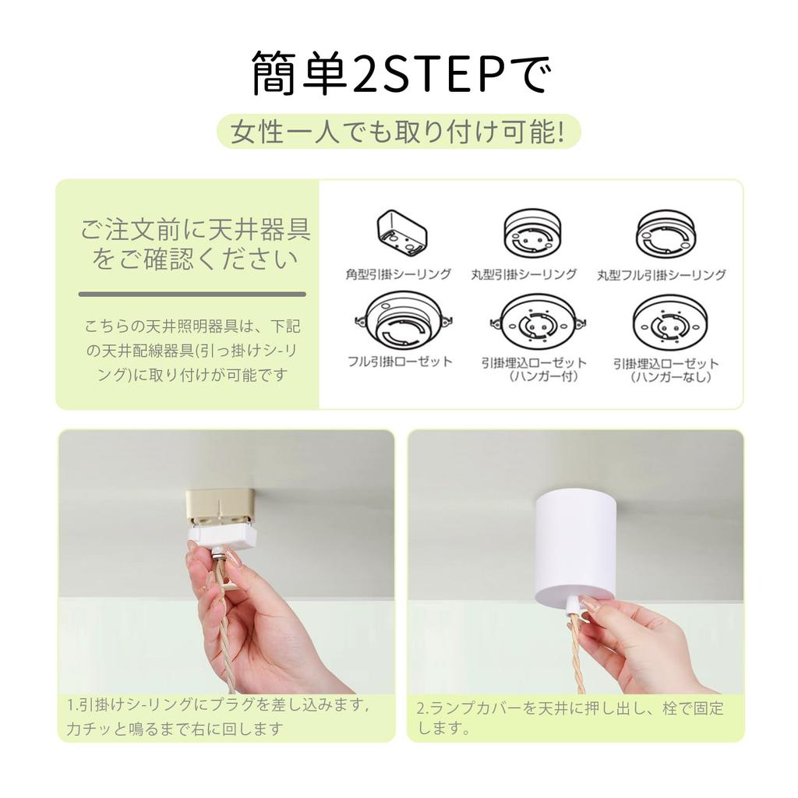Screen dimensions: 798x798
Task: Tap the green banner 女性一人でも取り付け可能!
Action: [398, 131]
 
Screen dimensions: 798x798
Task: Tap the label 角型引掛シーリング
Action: [398, 274]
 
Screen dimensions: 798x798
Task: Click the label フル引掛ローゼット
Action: [399, 361]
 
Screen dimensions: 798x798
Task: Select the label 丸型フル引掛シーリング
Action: [662, 274]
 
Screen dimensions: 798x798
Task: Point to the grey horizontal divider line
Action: [192, 294]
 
